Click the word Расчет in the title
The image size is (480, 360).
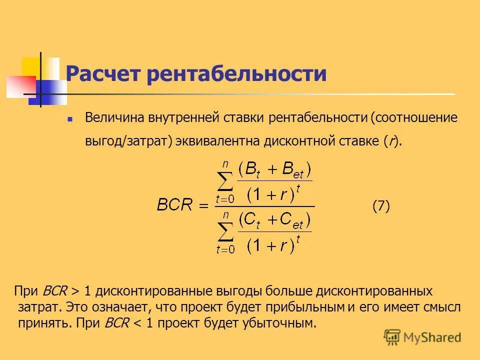[x=103, y=74]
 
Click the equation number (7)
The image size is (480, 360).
[x=381, y=206]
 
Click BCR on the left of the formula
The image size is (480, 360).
[x=174, y=206]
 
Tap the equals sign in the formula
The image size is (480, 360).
[x=203, y=206]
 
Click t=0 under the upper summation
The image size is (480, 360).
[x=225, y=199]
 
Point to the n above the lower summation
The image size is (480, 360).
[x=226, y=213]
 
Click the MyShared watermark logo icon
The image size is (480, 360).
[x=392, y=337]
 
